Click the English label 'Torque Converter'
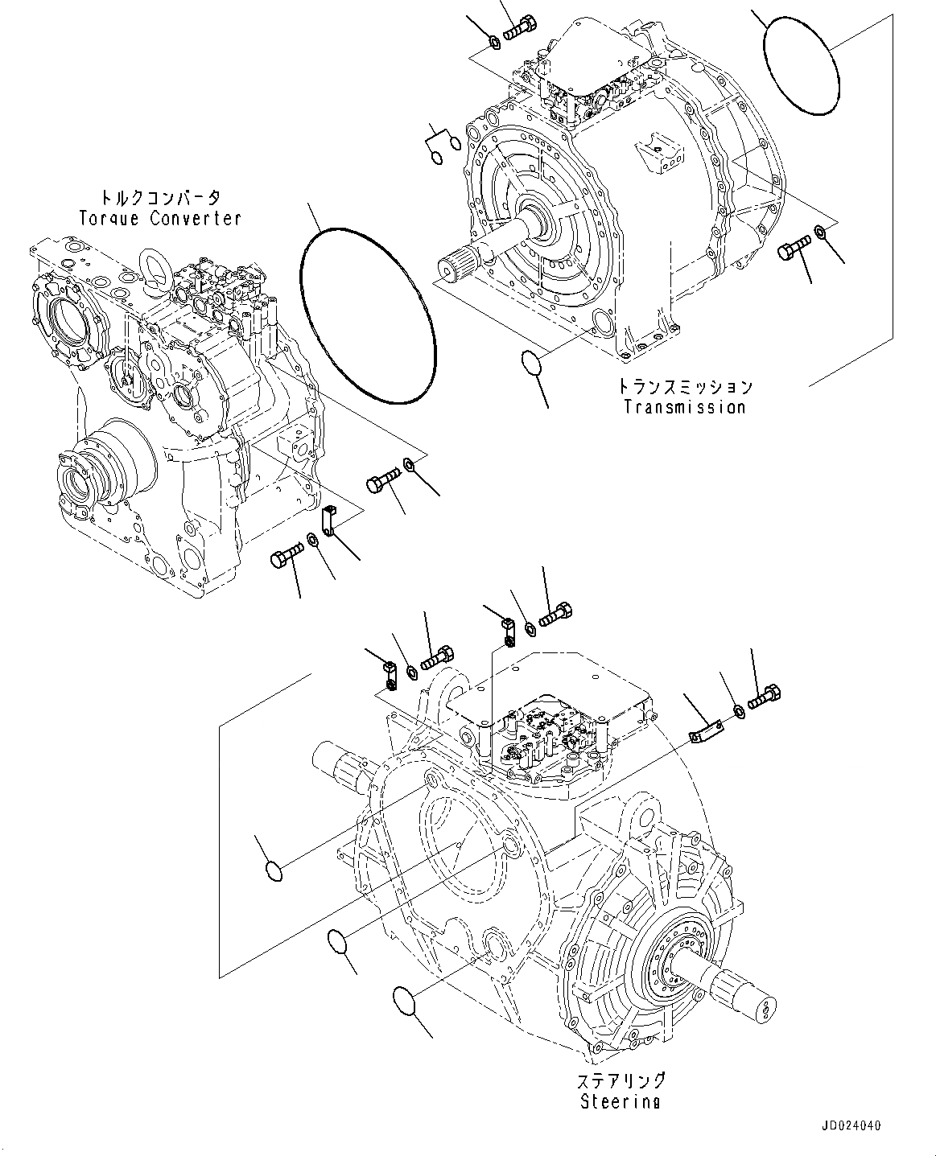[159, 218]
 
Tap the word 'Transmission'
[685, 407]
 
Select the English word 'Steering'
[620, 1101]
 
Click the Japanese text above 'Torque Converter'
[159, 198]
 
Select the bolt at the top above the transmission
[523, 29]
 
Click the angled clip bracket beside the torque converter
[328, 518]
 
